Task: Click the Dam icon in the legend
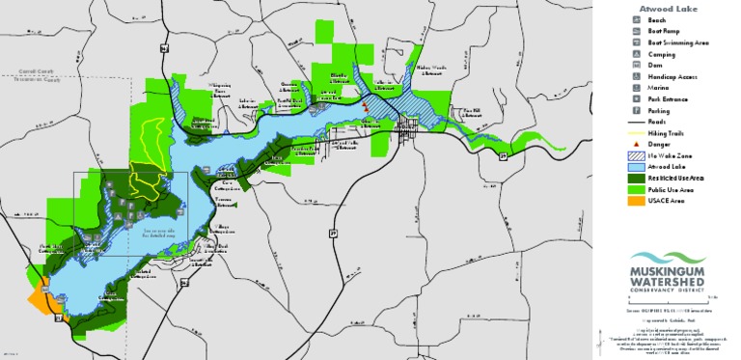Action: pos(638,66)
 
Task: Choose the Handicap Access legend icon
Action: pos(638,77)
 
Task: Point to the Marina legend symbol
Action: pos(638,89)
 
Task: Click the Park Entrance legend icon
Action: pos(638,99)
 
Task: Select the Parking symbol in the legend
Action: pos(638,112)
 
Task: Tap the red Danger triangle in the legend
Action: pos(638,144)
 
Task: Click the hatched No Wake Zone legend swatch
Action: pos(638,155)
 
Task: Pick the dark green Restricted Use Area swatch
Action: pos(638,179)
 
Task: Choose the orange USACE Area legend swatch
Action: pos(638,202)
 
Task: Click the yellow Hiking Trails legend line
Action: pos(638,133)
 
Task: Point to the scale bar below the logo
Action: pos(666,300)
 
